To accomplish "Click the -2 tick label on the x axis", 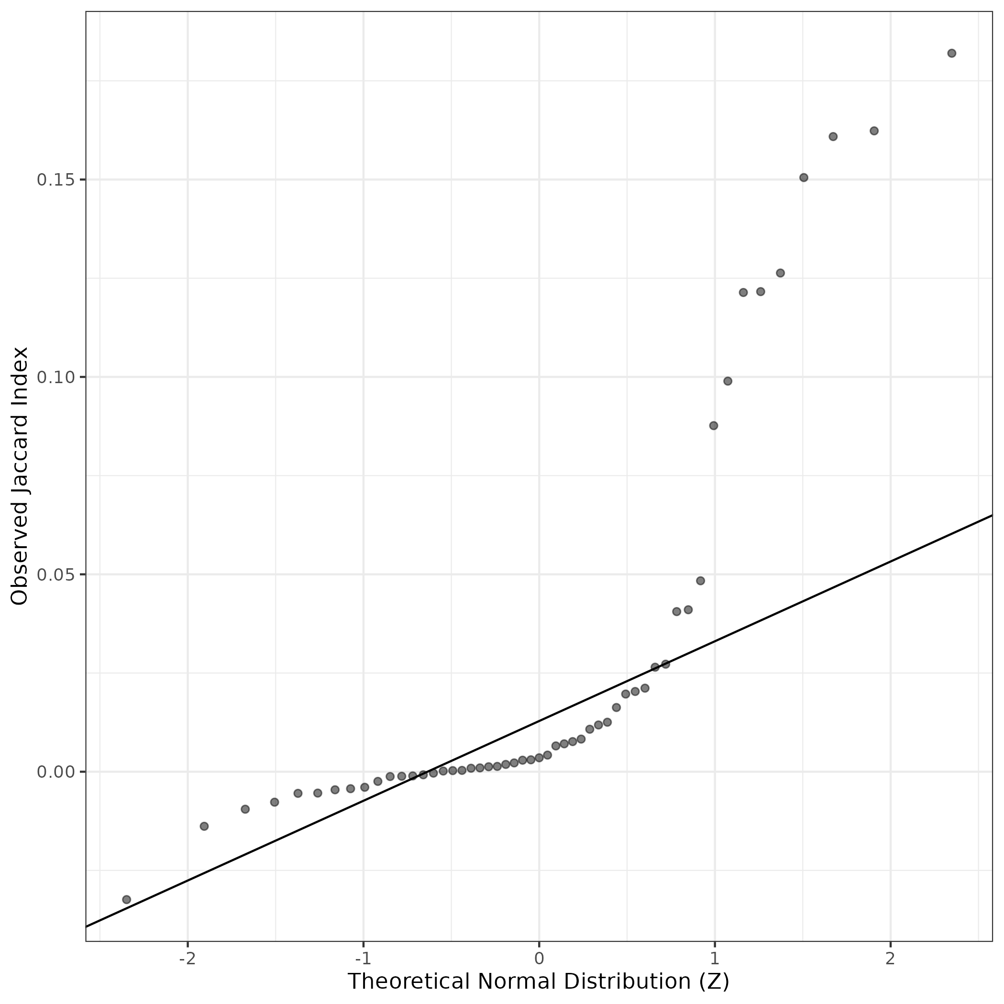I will (187, 957).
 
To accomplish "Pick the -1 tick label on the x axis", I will (363, 957).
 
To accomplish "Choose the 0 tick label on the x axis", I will (539, 957).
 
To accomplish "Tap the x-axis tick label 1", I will (715, 957).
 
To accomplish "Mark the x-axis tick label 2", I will (890, 957).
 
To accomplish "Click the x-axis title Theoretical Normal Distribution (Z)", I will (539, 981).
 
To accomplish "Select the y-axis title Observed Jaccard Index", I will (20, 476).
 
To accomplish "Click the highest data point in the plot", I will (951, 53).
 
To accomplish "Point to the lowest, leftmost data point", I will (126, 900).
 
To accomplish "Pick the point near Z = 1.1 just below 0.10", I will (728, 381).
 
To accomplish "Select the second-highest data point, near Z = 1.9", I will (874, 131).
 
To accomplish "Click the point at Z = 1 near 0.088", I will (714, 426).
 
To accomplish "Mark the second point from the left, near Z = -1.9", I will (204, 826).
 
